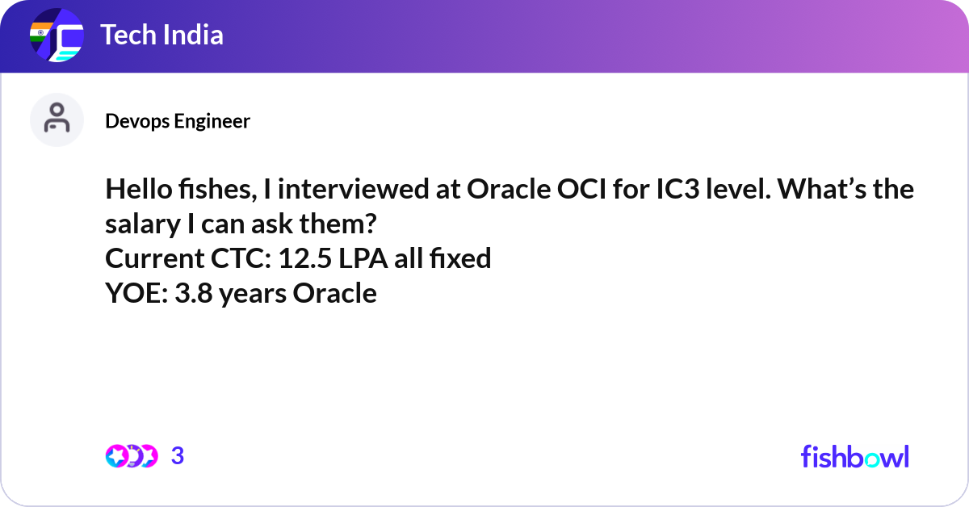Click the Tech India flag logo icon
[x=57, y=35]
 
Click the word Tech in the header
[x=128, y=35]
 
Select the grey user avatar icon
[x=57, y=119]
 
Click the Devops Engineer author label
[x=178, y=121]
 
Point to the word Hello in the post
[x=139, y=189]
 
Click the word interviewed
[x=354, y=189]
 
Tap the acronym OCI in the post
[x=581, y=189]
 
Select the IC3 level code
[x=677, y=189]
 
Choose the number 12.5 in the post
[x=305, y=258]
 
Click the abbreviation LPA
[x=363, y=258]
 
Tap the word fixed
[x=460, y=258]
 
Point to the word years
[x=253, y=294]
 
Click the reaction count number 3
[x=178, y=455]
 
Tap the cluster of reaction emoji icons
[x=132, y=456]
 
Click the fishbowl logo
[x=855, y=457]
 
